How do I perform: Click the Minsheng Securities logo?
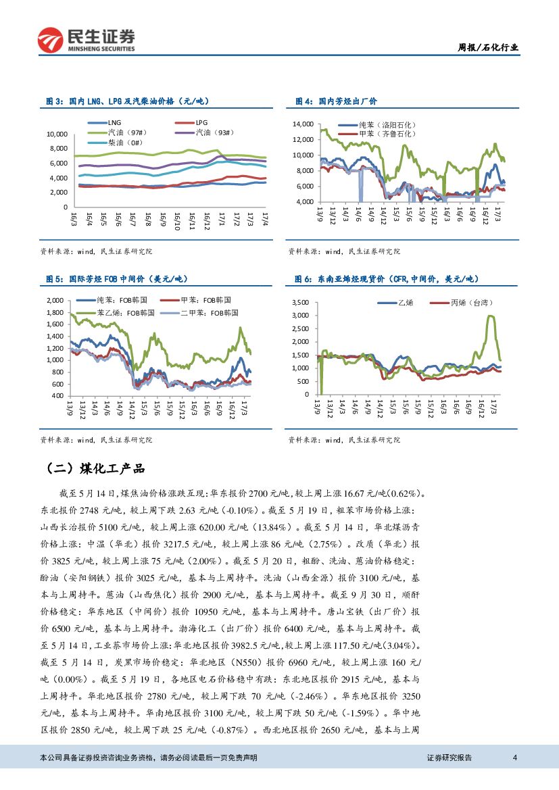coord(86,40)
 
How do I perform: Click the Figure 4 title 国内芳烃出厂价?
coord(336,101)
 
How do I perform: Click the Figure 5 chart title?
coord(116,279)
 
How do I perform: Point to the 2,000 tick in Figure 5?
coord(54,300)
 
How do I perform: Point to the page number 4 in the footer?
coord(515,758)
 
